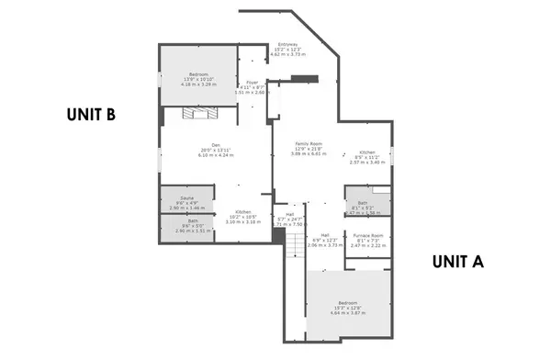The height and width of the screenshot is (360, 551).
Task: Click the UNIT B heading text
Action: (x=90, y=115)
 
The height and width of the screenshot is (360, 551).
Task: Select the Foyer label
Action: (x=251, y=84)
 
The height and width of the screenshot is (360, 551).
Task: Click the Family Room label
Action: (x=309, y=144)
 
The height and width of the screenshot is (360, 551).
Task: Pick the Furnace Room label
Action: (x=366, y=236)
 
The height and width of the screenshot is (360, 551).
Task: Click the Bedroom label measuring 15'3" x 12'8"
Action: (x=347, y=302)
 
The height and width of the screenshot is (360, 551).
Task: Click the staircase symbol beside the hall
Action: (x=293, y=242)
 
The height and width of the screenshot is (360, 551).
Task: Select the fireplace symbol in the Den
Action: (x=197, y=114)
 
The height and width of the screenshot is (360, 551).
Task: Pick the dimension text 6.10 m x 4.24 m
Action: (x=216, y=155)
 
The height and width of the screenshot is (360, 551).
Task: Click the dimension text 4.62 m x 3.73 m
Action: (x=287, y=55)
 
